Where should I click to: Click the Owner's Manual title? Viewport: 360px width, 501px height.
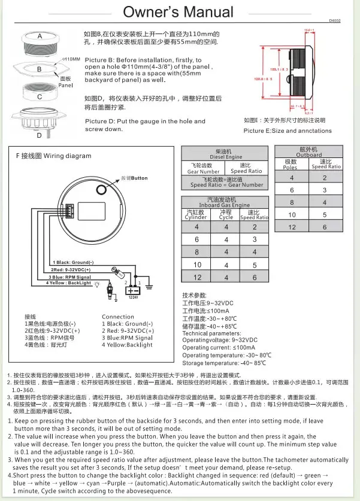[178, 12]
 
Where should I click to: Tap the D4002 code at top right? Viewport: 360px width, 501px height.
[334, 20]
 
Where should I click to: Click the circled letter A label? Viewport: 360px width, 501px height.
[40, 37]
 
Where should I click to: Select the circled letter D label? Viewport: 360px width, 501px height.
[40, 135]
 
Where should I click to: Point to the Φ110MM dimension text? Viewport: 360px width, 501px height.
[71, 60]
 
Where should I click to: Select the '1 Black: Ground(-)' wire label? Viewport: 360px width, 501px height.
[74, 262]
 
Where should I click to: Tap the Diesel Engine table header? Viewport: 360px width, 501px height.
[221, 154]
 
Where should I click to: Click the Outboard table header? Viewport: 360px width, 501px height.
[308, 152]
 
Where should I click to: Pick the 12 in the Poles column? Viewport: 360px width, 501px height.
[292, 227]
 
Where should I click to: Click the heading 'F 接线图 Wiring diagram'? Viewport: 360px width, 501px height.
[53, 156]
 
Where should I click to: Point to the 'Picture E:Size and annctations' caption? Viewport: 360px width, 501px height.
[288, 130]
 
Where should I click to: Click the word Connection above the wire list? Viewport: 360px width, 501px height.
[118, 317]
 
